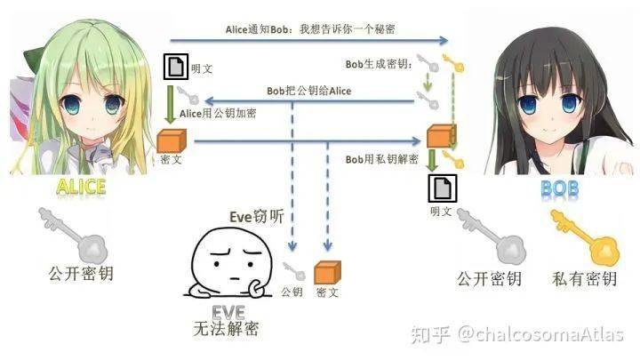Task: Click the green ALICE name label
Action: pyautogui.click(x=81, y=187)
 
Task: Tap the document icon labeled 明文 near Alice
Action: pyautogui.click(x=176, y=67)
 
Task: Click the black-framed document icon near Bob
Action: pyautogui.click(x=440, y=188)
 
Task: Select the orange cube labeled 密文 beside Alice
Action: pyautogui.click(x=170, y=140)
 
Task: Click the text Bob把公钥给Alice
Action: pyautogui.click(x=308, y=91)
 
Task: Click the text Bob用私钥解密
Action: pyautogui.click(x=382, y=158)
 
